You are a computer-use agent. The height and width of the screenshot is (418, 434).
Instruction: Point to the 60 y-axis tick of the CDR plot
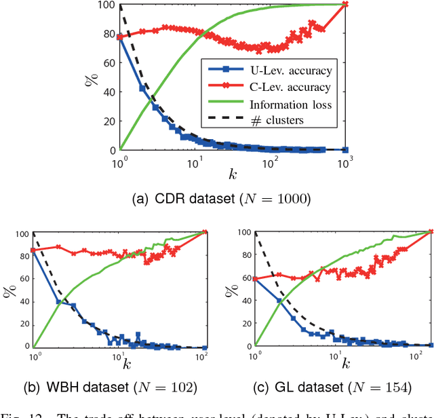click(x=106, y=62)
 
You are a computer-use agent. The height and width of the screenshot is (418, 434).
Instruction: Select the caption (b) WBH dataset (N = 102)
click(x=120, y=406)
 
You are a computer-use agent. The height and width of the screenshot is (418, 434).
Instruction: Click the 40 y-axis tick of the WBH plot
click(x=20, y=301)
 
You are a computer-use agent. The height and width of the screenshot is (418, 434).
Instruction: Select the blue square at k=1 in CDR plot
click(x=120, y=37)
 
